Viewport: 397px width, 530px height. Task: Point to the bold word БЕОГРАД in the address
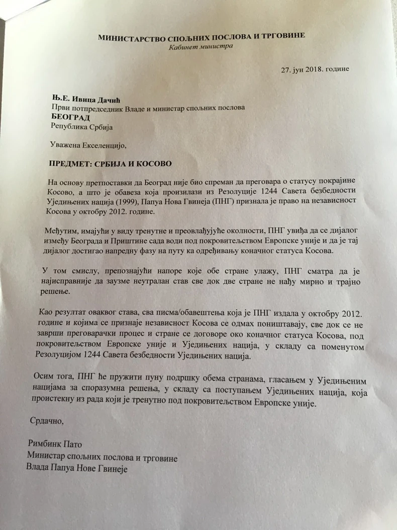[69, 116]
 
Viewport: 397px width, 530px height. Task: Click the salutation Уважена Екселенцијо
[86, 145]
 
